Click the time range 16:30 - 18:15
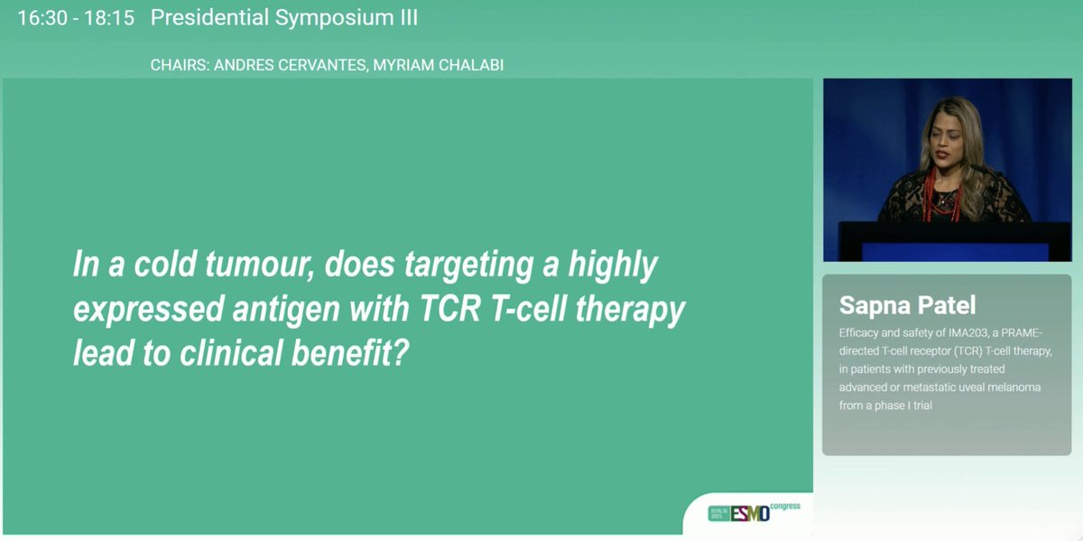click(76, 18)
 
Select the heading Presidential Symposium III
click(284, 18)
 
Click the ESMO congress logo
click(754, 512)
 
